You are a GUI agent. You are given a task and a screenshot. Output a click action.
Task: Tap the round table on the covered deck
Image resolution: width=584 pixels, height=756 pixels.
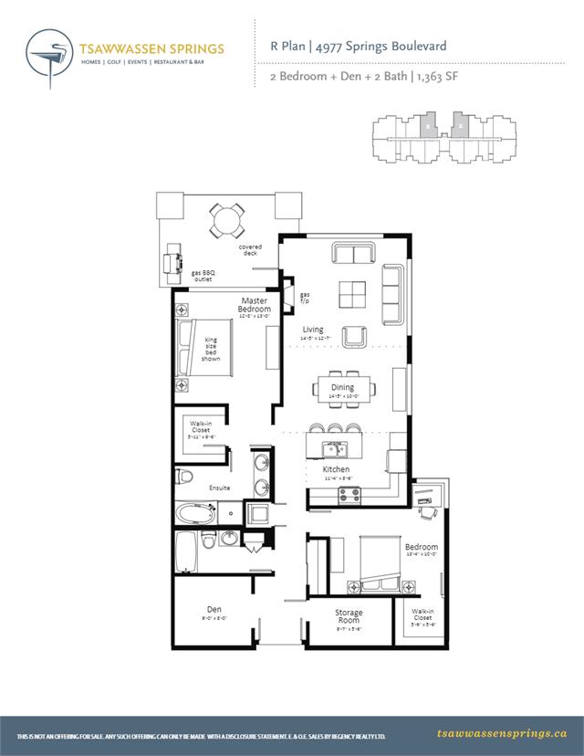(x=226, y=219)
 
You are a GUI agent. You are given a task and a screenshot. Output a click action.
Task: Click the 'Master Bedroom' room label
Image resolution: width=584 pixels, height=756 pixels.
(x=255, y=305)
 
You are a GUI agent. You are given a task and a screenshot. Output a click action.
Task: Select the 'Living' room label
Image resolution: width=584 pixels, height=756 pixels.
(x=314, y=330)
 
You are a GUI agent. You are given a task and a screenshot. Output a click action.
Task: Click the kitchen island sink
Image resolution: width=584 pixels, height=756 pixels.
(x=335, y=449)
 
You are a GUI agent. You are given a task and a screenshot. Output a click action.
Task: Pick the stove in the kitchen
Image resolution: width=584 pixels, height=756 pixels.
(x=349, y=494)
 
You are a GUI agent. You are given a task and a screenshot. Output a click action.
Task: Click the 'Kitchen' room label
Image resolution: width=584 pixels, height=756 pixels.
(x=336, y=469)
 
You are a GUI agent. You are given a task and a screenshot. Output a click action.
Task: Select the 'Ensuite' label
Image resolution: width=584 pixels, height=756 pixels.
(x=219, y=488)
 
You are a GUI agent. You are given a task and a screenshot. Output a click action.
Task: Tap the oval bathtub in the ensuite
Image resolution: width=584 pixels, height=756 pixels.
(x=194, y=513)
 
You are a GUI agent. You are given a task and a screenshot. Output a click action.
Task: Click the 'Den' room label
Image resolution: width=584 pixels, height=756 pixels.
(x=214, y=609)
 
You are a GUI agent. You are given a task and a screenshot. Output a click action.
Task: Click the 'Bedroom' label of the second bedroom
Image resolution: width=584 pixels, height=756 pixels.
(x=422, y=548)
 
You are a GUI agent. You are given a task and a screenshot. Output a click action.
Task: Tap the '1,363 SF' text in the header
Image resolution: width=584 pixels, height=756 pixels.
(x=436, y=77)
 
